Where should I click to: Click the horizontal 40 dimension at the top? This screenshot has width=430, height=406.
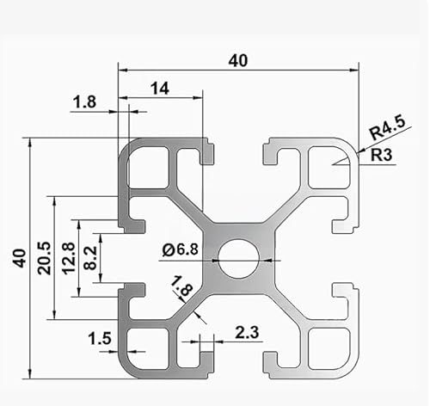238,60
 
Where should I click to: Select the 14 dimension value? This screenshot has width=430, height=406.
159,87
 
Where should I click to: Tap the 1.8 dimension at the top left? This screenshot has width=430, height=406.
84,102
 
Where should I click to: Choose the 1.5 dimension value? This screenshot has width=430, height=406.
100,339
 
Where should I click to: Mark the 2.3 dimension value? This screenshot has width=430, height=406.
245,330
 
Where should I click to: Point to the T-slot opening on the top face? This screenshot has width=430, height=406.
238,151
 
